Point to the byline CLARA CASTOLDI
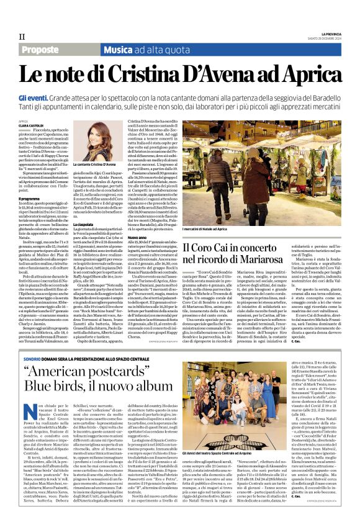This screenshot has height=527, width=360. click(32, 126)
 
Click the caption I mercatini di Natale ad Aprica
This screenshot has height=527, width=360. click(215, 229)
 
